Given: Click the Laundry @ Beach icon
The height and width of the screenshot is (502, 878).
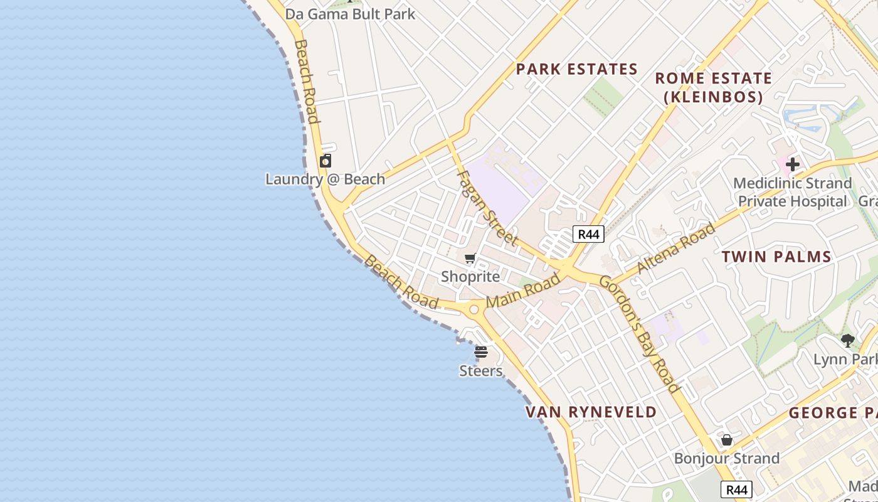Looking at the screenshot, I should (x=325, y=161).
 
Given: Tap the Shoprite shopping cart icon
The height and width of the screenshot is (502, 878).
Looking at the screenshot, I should (x=470, y=258).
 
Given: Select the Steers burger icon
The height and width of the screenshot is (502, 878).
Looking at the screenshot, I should (x=481, y=352).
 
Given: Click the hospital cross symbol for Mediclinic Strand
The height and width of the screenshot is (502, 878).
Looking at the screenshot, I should (x=793, y=164).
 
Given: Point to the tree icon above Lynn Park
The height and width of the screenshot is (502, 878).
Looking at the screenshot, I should (x=848, y=341).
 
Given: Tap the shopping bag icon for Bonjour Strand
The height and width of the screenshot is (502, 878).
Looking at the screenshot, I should (x=727, y=440).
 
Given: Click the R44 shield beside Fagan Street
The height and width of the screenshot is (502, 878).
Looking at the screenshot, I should (x=588, y=234).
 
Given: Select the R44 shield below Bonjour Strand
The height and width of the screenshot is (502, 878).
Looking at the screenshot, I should (x=736, y=489).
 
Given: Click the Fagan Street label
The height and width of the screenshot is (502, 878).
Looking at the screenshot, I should (x=487, y=207).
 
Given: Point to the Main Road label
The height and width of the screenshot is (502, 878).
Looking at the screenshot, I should (x=523, y=291).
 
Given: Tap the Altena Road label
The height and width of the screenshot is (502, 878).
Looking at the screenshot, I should (x=676, y=247).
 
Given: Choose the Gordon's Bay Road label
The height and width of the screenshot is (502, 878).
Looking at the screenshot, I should (x=639, y=333).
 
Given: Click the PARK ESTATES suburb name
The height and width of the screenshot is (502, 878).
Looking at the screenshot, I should (x=576, y=69).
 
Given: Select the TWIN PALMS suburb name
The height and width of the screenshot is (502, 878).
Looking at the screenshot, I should (x=776, y=256).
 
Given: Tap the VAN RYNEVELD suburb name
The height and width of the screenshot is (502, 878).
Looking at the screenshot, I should (x=591, y=412).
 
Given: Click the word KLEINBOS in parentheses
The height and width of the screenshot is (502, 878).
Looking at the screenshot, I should (x=714, y=97).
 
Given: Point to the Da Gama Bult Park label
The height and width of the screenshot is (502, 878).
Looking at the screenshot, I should (x=350, y=14).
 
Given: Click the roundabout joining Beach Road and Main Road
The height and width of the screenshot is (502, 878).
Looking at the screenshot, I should (x=473, y=309).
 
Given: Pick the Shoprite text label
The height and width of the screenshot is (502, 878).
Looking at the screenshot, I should (x=470, y=277).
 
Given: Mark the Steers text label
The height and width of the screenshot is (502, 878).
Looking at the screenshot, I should (x=481, y=371).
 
